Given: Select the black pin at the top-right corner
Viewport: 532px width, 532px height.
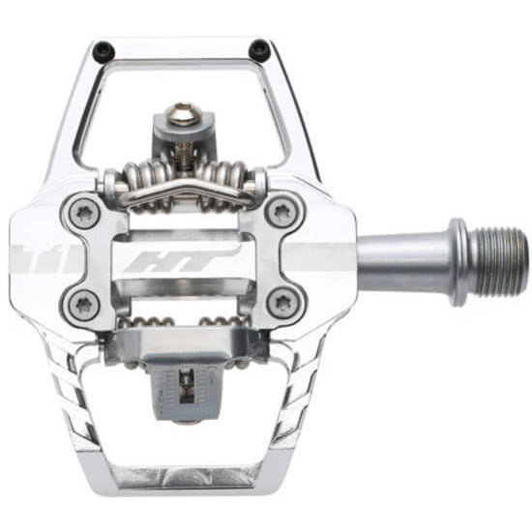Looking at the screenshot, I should pyautogui.click(x=258, y=47).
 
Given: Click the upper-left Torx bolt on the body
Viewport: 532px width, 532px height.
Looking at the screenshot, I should pyautogui.click(x=83, y=212).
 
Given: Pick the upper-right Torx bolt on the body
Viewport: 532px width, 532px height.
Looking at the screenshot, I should pyautogui.click(x=282, y=211).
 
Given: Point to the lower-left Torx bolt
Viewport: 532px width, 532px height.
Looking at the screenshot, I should pyautogui.click(x=83, y=303).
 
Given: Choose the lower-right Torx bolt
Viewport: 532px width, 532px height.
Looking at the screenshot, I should pyautogui.click(x=282, y=303).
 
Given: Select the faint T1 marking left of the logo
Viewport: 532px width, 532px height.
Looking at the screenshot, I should pyautogui.click(x=39, y=256).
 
